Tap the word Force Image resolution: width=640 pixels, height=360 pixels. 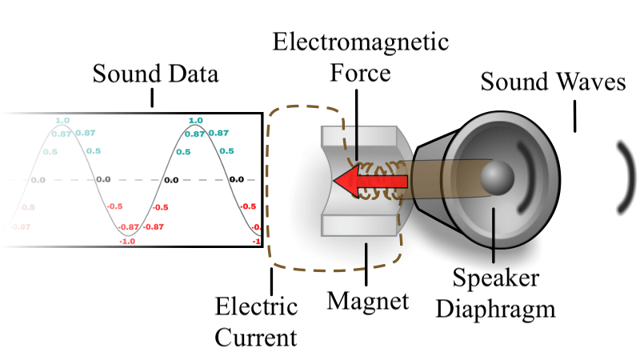tap(360, 74)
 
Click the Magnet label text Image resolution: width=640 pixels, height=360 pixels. tap(368, 301)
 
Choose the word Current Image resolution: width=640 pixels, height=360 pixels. tap(257, 337)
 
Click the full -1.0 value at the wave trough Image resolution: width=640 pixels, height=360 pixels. tap(126, 241)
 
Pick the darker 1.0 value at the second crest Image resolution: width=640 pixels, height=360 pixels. tap(195, 121)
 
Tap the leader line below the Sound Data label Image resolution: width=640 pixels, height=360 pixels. tap(152, 99)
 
